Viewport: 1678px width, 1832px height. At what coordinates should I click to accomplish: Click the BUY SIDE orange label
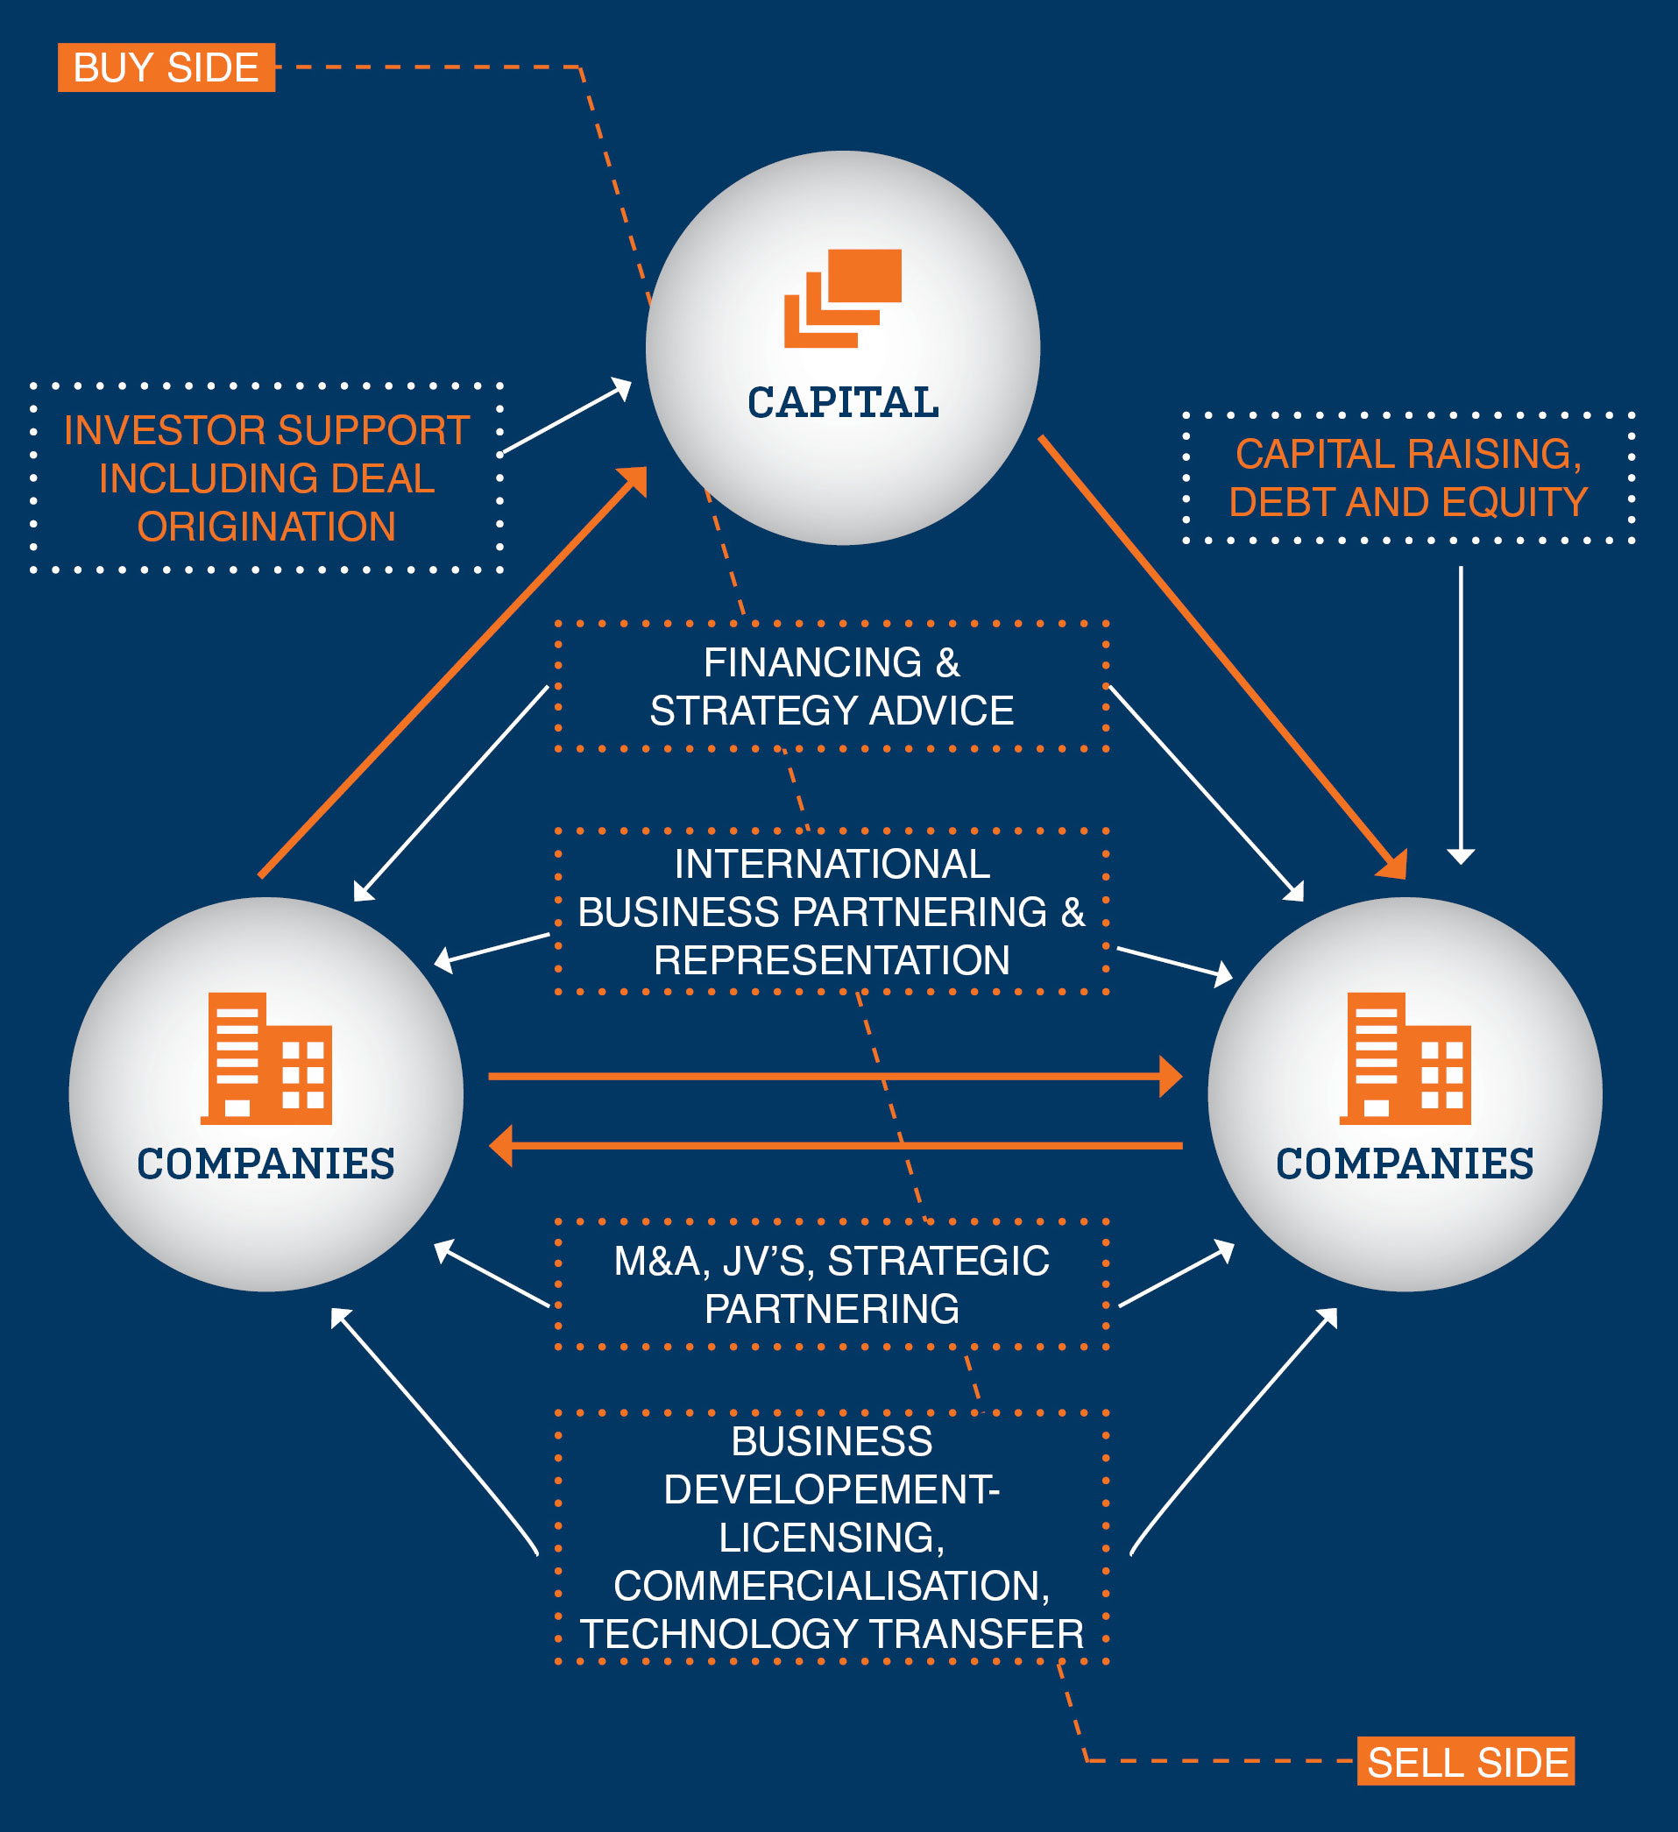[166, 68]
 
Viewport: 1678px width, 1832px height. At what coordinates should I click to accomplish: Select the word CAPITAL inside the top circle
[843, 402]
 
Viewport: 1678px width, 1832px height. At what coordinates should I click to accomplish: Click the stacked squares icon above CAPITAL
[843, 298]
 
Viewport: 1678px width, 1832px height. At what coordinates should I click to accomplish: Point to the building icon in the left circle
[266, 1058]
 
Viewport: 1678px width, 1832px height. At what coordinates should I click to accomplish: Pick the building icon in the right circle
[1405, 1058]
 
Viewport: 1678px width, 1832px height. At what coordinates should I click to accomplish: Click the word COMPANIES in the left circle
[266, 1164]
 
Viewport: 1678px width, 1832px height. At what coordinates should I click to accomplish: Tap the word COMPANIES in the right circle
[1405, 1164]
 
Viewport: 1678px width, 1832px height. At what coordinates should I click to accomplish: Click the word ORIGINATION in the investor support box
[266, 527]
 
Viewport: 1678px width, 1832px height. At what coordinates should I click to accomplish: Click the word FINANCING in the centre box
[812, 662]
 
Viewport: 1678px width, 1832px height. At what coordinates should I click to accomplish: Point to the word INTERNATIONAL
[832, 864]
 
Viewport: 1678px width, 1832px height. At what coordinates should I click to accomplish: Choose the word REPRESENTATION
[832, 960]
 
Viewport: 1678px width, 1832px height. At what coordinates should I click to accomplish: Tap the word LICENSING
[830, 1538]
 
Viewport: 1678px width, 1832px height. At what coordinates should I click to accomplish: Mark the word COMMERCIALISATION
[830, 1586]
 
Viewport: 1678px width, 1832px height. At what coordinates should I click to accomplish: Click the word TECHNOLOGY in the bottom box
[712, 1634]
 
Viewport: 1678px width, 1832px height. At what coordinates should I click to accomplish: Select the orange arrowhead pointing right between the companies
[1171, 1077]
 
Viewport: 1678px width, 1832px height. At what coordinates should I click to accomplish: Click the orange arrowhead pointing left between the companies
[501, 1146]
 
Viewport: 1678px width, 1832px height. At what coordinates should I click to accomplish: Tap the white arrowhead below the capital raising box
[1461, 856]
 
